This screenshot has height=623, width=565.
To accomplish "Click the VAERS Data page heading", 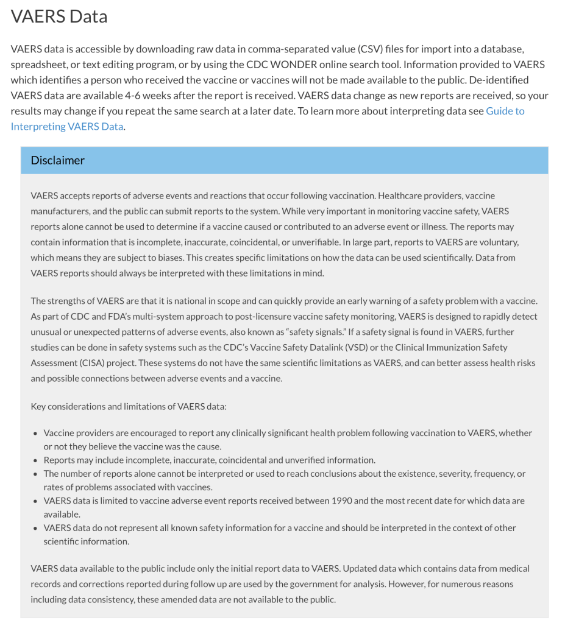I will click(x=59, y=16).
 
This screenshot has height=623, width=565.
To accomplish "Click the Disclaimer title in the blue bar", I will click(x=58, y=160).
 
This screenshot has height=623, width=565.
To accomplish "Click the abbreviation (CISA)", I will click(x=94, y=362).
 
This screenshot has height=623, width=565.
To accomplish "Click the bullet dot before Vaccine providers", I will click(x=35, y=433).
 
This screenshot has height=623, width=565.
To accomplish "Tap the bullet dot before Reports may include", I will click(x=35, y=460).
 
